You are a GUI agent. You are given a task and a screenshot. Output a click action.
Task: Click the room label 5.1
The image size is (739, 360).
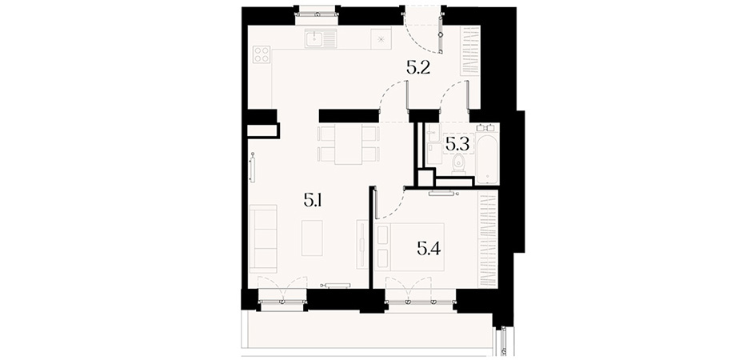click(x=313, y=202)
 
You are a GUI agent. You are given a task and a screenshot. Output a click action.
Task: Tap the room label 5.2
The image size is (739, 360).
click(x=417, y=70)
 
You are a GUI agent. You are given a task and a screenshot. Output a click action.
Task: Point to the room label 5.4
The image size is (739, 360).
click(x=429, y=248)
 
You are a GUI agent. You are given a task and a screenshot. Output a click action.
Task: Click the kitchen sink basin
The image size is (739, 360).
click(x=314, y=38)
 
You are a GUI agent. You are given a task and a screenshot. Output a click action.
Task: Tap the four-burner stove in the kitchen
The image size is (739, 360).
click(x=262, y=54)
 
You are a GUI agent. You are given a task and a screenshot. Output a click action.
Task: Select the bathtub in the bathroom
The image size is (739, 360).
click(x=486, y=158)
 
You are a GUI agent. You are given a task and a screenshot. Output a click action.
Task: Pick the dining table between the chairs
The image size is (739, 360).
click(x=348, y=144)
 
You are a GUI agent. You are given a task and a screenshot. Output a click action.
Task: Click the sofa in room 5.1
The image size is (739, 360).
click(x=263, y=238)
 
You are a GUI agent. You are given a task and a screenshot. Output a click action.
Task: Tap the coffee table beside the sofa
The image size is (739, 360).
click(x=312, y=238)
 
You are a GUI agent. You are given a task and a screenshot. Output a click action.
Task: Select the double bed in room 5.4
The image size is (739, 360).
click(x=410, y=247)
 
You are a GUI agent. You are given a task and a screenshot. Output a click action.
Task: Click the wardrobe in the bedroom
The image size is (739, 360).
click(x=488, y=240)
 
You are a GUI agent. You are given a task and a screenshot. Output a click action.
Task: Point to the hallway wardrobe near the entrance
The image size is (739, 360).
click(x=470, y=50)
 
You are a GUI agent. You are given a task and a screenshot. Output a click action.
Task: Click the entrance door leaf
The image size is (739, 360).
click(x=441, y=34)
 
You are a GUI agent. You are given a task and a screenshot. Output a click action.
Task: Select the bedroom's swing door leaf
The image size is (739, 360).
click(x=376, y=203)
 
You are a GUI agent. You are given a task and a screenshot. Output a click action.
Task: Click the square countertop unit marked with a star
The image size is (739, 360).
click(x=381, y=38)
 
